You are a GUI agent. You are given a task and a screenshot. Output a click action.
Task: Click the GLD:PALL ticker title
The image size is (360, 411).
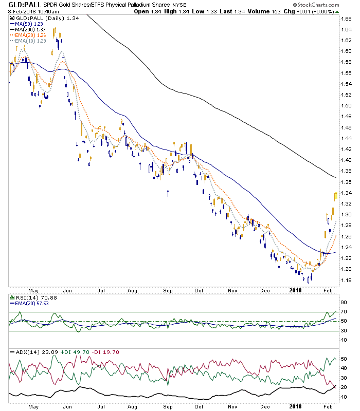(25, 5)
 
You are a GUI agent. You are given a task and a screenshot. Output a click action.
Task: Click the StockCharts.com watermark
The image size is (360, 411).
(316, 5)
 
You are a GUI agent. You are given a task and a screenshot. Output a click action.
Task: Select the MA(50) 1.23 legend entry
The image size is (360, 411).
(27, 24)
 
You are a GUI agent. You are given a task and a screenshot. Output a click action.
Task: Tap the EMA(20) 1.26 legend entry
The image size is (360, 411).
(28, 35)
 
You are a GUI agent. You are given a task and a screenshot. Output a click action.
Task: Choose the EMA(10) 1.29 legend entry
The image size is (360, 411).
(28, 41)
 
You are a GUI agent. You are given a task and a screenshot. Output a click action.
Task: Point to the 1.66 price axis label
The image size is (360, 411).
(346, 18)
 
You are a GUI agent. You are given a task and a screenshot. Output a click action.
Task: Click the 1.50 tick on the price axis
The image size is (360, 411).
(346, 106)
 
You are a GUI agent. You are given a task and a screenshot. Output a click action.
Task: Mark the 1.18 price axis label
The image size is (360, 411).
(346, 280)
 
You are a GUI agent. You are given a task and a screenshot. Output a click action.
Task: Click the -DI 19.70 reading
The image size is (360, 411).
(105, 352)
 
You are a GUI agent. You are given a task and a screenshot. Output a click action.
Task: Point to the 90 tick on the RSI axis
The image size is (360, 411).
(344, 303)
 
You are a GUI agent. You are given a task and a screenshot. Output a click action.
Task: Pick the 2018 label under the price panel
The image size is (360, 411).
(295, 290)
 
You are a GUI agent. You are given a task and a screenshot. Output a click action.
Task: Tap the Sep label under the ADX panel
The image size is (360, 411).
(168, 406)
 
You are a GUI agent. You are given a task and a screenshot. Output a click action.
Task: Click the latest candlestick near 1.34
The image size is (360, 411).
(336, 196)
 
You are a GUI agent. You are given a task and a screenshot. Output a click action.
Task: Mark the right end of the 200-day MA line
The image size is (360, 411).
(336, 177)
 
